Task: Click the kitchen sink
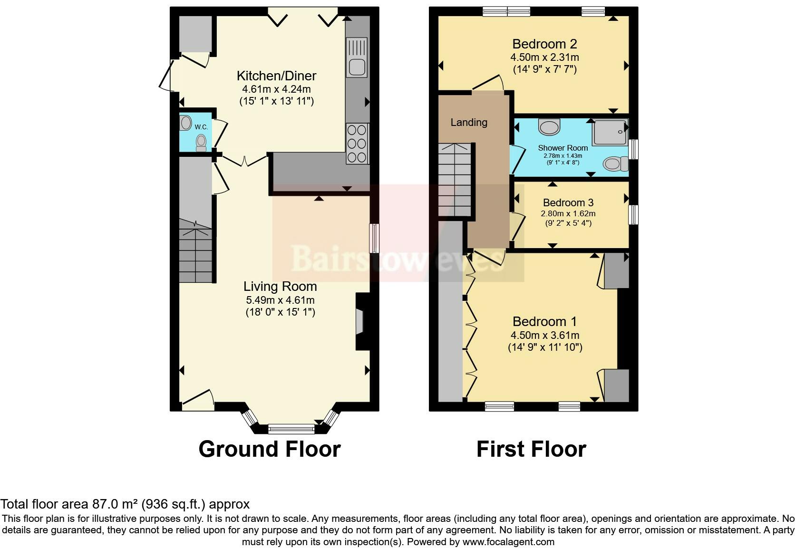pos(357,58)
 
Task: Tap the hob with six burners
pos(357,143)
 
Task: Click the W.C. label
pos(201,127)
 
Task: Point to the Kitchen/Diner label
pos(276,76)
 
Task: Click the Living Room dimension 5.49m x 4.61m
pos(280,300)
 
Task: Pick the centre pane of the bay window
pos(291,429)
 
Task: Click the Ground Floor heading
pos(269,449)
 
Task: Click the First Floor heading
pos(531,449)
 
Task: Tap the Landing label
pos(469,123)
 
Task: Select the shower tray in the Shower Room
pos(610,133)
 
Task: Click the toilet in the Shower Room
pos(614,164)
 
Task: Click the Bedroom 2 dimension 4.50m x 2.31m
pos(544,58)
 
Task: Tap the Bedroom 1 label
pos(545,321)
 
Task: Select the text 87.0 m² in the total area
pos(112,504)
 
